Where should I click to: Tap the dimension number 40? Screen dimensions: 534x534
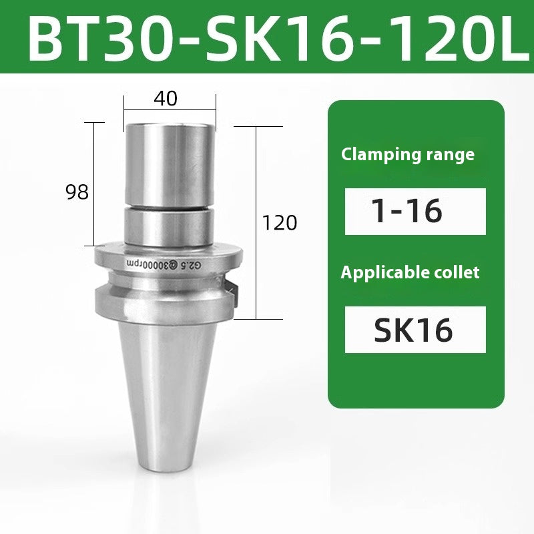[x=166, y=98]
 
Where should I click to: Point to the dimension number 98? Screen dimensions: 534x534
[x=77, y=192]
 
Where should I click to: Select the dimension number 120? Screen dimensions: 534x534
[x=280, y=222]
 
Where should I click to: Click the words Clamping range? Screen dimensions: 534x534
[x=408, y=155]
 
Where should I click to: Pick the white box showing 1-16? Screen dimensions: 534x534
[x=415, y=211]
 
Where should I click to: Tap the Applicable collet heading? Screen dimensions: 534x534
[x=411, y=272]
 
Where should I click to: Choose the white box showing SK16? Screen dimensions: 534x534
[x=415, y=329]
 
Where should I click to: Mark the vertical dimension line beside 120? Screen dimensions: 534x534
[x=258, y=220]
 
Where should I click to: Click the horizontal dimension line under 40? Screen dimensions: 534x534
[x=170, y=111]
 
